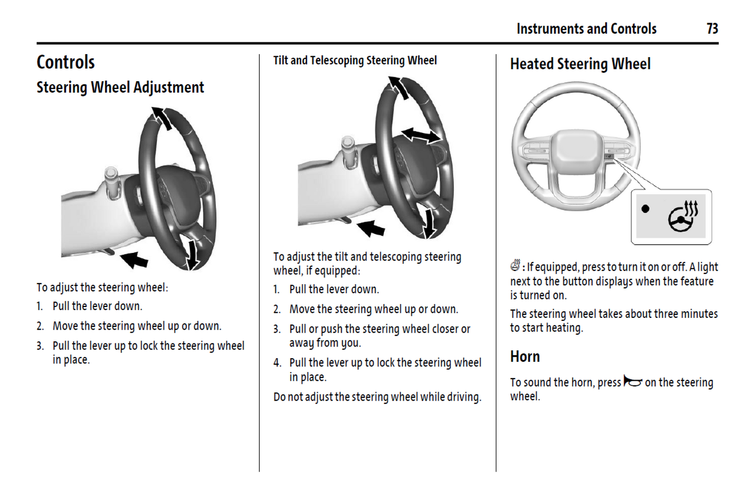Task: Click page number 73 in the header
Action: tap(712, 29)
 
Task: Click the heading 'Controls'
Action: tap(65, 62)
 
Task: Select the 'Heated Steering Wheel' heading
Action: tap(580, 64)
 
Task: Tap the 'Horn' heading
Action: tap(525, 356)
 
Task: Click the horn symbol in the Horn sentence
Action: tap(632, 382)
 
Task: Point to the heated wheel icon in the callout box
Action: tap(683, 217)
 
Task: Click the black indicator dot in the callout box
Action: tap(646, 208)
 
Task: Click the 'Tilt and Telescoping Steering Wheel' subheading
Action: tap(354, 60)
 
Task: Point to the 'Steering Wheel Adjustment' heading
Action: tap(120, 87)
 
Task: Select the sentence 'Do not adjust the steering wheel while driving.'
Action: tap(377, 397)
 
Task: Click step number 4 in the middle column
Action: tap(277, 363)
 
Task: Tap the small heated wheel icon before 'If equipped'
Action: tap(515, 266)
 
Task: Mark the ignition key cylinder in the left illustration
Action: tap(111, 181)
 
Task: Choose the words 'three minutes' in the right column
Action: tap(682, 314)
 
